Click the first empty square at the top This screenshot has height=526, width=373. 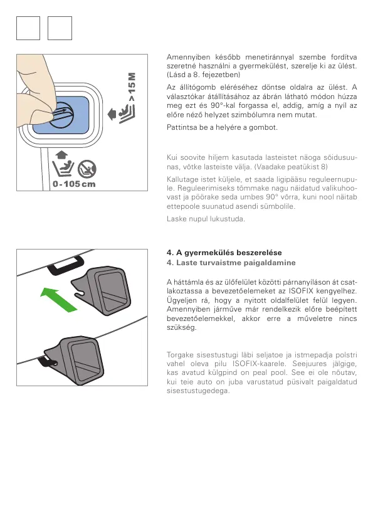click(x=28, y=28)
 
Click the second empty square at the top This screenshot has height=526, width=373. click(x=60, y=28)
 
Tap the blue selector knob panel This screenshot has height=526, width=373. click(x=61, y=115)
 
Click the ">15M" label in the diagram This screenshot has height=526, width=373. click(x=132, y=87)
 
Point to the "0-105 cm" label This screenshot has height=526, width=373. click(x=74, y=184)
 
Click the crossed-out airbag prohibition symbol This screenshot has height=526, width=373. click(x=87, y=169)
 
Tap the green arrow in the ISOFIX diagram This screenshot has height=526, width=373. click(x=58, y=299)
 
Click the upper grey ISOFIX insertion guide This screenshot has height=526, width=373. click(x=101, y=290)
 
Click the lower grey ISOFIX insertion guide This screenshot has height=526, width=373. click(x=76, y=360)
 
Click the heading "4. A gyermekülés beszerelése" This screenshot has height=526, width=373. click(x=224, y=253)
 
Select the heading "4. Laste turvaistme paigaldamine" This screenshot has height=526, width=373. click(x=231, y=263)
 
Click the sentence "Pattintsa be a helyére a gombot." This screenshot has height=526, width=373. click(x=222, y=127)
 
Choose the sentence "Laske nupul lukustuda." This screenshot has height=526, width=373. click(x=206, y=219)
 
